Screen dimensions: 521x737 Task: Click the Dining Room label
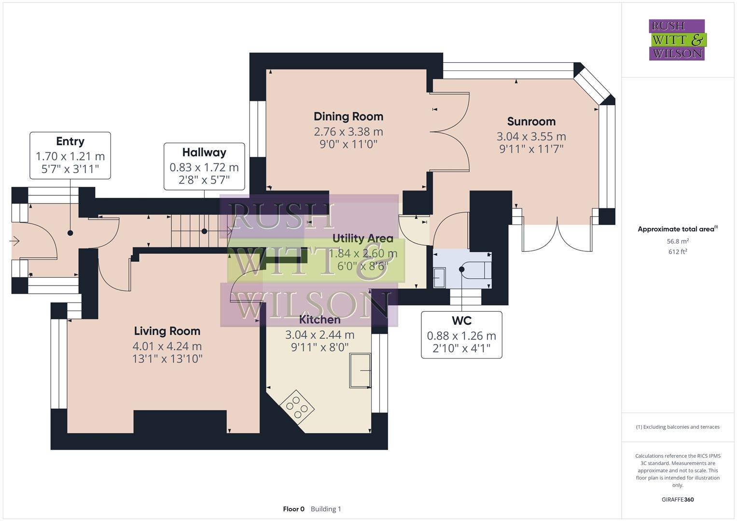[x=348, y=116]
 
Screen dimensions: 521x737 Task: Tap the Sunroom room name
[x=531, y=122]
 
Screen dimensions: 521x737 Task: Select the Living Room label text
[x=167, y=331]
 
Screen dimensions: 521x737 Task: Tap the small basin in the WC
[x=439, y=277]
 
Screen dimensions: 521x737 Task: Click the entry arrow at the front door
[x=14, y=241]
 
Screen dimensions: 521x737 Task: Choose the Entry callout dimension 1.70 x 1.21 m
[x=70, y=156]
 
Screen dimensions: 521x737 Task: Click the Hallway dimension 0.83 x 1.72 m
[x=204, y=167]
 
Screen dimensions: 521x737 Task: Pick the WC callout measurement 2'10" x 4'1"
[x=461, y=348]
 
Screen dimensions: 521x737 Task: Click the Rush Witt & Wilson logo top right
[x=677, y=40]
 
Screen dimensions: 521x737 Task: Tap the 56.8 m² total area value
[x=678, y=241]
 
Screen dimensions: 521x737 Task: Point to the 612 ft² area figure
[x=678, y=251]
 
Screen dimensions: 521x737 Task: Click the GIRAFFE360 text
[x=678, y=499]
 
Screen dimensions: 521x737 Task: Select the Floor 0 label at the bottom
[x=293, y=509]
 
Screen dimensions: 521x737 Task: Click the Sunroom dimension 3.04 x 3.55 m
[x=531, y=137]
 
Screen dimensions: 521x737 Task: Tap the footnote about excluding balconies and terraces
[x=678, y=427]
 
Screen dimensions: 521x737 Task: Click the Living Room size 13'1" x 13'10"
[x=167, y=358]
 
